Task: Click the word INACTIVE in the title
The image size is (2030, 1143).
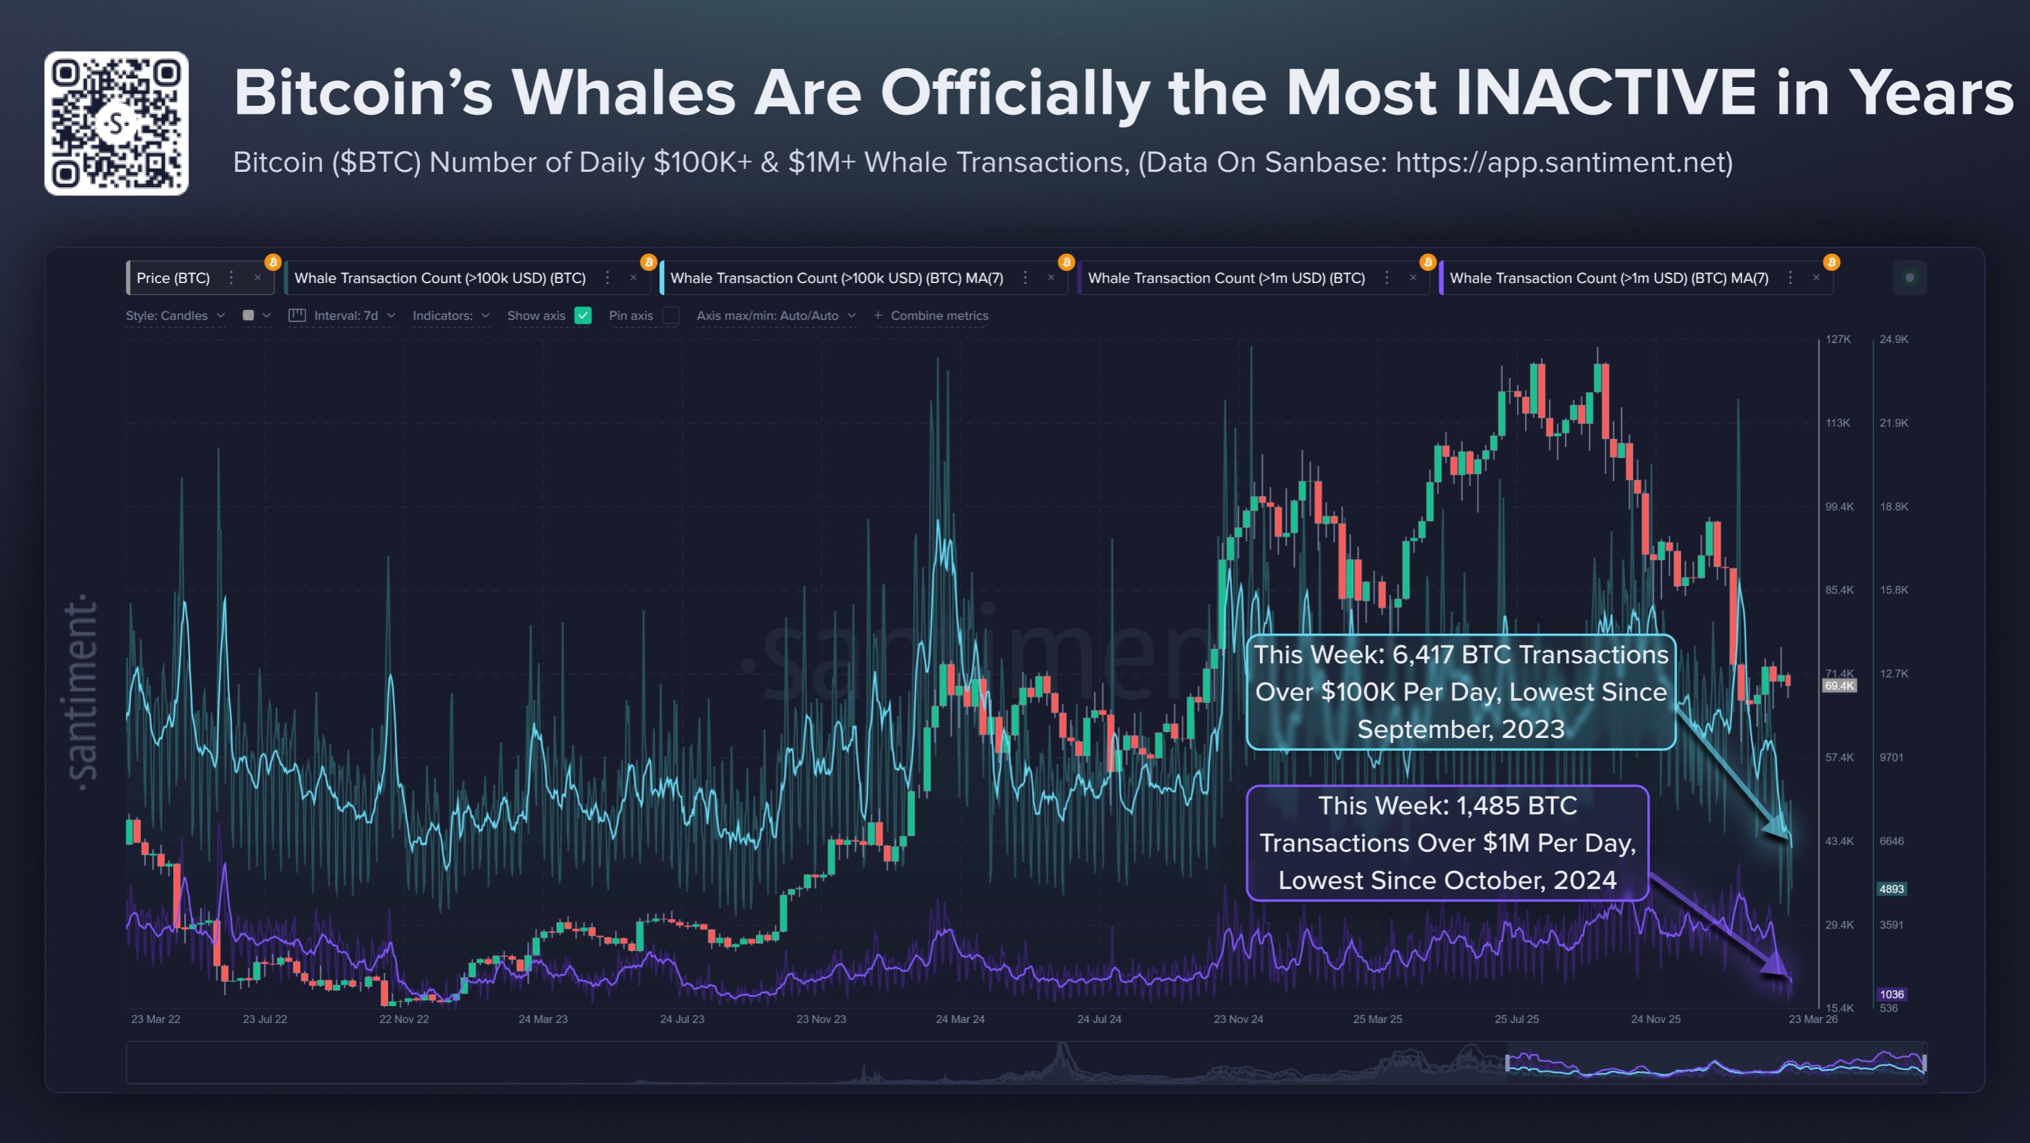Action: click(x=1605, y=94)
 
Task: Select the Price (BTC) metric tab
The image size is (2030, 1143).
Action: click(x=173, y=278)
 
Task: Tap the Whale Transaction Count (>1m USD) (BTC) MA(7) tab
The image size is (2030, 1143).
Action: click(x=1608, y=278)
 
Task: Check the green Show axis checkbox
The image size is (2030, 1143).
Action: click(x=583, y=315)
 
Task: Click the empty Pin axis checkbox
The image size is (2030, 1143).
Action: click(x=671, y=315)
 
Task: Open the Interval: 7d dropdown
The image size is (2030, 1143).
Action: click(x=345, y=315)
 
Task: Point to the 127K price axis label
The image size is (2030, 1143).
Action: click(x=1838, y=340)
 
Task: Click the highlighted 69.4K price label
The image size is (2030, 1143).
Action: click(x=1839, y=686)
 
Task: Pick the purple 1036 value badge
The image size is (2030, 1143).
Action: click(x=1891, y=994)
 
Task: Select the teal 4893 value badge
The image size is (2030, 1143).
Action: click(x=1891, y=888)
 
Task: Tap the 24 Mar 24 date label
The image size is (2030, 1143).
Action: click(x=960, y=1019)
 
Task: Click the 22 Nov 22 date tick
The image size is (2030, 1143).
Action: click(x=404, y=1019)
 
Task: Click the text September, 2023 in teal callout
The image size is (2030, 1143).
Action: click(x=1460, y=729)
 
